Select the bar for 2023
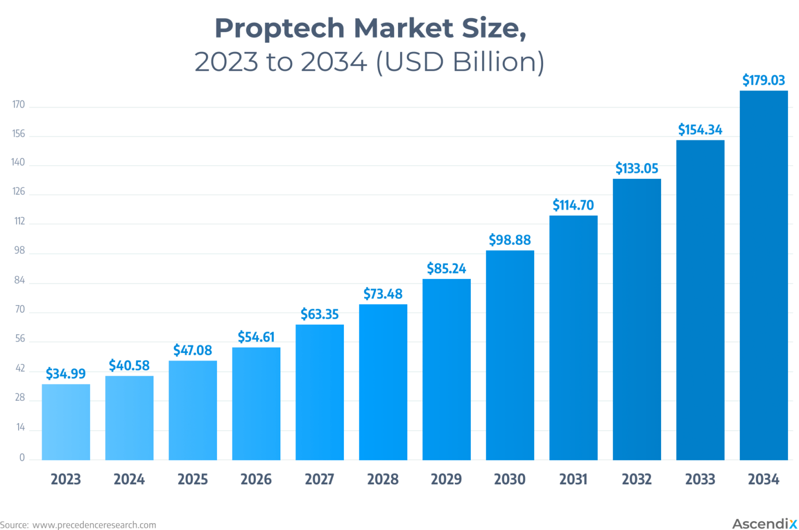[x=66, y=422]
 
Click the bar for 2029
[x=446, y=369]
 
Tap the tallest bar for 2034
[x=764, y=275]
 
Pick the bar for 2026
[x=256, y=404]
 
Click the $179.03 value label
[x=763, y=80]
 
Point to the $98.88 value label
[x=510, y=240]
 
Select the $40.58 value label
[x=129, y=365]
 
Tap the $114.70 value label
[x=573, y=205]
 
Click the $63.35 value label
[x=319, y=314]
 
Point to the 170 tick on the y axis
[x=19, y=104]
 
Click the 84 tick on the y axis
[x=19, y=281]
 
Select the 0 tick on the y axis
[x=22, y=458]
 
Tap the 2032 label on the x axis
[x=637, y=479]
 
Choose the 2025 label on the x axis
[x=192, y=479]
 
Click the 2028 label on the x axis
[x=383, y=479]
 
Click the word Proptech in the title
[x=279, y=28]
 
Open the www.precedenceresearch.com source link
[x=94, y=525]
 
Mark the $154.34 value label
[x=700, y=129]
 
